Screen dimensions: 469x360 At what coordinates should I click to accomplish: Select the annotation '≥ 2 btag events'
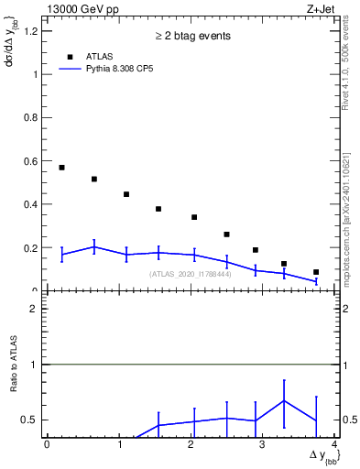click(191, 36)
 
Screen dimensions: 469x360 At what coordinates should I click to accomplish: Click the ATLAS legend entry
click(99, 56)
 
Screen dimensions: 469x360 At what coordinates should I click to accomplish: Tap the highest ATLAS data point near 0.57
click(61, 168)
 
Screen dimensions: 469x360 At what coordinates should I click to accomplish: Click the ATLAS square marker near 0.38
click(158, 209)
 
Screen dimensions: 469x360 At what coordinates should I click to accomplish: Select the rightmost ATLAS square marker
click(316, 272)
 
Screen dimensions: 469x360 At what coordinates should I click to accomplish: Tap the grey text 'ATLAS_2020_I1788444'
click(191, 274)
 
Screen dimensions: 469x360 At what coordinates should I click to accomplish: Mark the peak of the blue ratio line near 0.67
click(285, 400)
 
